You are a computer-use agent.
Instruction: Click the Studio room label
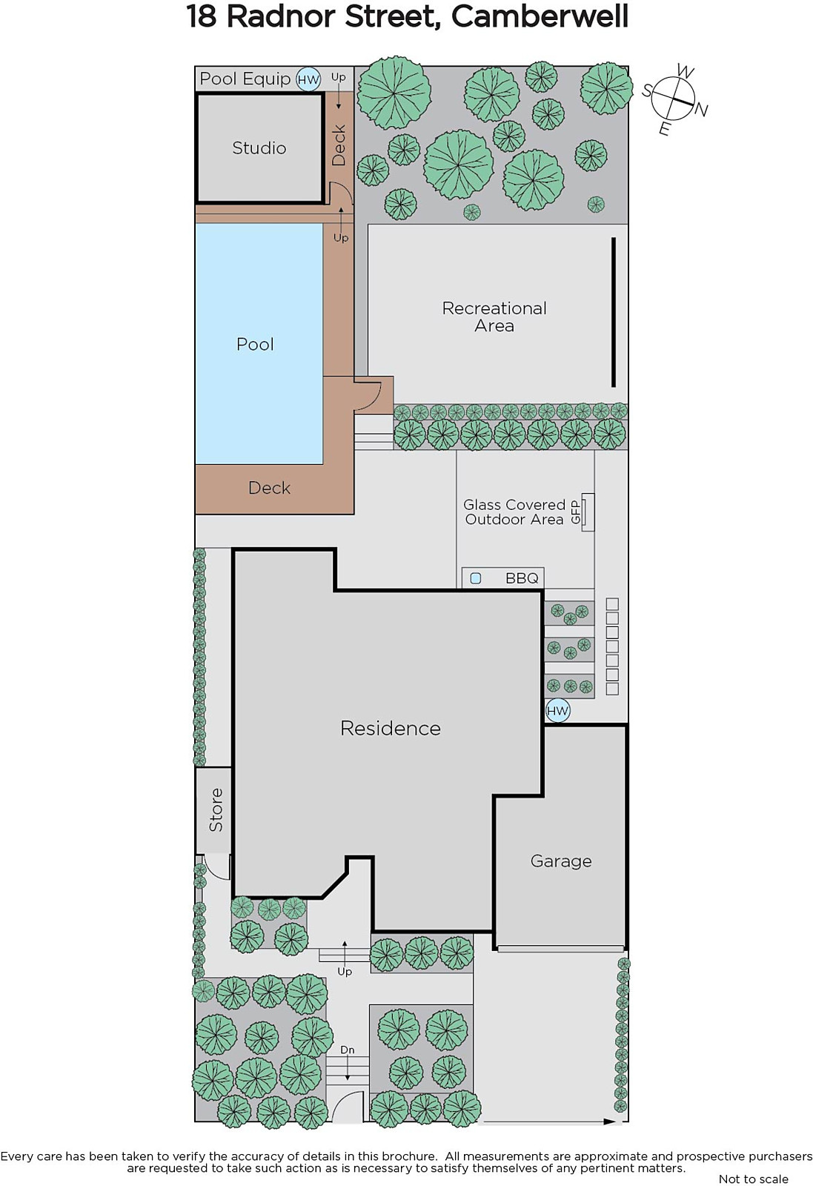[259, 148]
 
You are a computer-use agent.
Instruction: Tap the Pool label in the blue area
[255, 344]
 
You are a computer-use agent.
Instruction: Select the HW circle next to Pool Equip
[308, 80]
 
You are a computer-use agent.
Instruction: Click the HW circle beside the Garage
[557, 711]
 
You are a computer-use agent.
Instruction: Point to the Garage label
[561, 861]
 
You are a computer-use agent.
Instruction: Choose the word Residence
[391, 728]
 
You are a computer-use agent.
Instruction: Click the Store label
[216, 809]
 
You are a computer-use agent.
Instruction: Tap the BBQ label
[522, 578]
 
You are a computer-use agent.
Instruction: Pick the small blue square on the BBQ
[476, 579]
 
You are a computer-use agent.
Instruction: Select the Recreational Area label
[494, 317]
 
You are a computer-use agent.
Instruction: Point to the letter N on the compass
[701, 110]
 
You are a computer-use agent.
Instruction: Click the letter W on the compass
[686, 71]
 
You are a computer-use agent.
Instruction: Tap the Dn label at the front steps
[348, 1050]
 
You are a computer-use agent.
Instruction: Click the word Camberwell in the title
[540, 16]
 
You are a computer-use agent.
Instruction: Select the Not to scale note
[754, 1179]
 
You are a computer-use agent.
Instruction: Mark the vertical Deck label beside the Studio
[339, 145]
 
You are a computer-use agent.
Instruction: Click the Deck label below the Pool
[270, 488]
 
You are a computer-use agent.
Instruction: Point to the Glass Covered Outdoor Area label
[514, 512]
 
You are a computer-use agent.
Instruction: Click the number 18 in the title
[202, 16]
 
